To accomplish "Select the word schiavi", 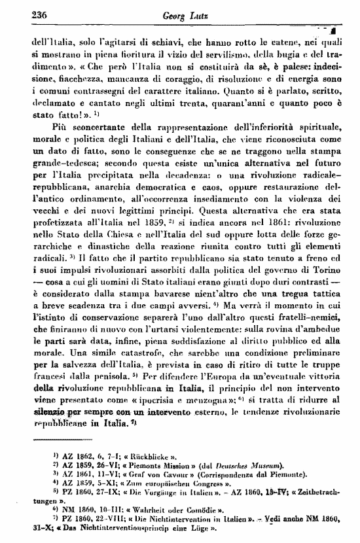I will click(178, 41).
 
